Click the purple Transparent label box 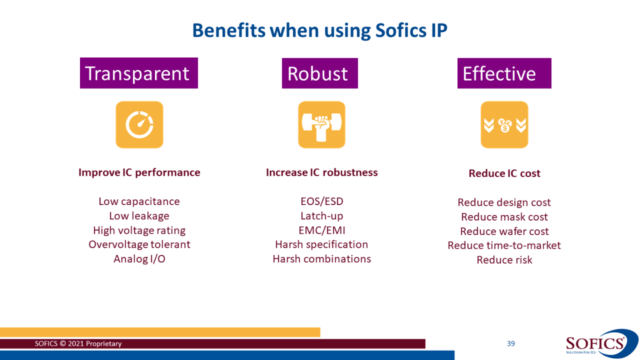[139, 73]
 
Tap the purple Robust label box [319, 74]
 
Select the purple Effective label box [504, 74]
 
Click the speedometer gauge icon [139, 124]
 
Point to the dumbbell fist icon [322, 124]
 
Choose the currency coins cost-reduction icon [504, 124]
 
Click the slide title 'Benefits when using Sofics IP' [319, 31]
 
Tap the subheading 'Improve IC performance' [139, 172]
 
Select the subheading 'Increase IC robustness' [322, 172]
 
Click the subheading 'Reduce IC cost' [504, 174]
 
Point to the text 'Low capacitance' [139, 201]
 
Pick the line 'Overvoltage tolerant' [139, 244]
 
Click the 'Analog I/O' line [139, 259]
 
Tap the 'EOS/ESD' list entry [322, 201]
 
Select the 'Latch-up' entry [322, 216]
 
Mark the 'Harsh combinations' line [322, 259]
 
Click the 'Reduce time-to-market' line [504, 245]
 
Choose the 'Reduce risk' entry [504, 260]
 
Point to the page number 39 [511, 344]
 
